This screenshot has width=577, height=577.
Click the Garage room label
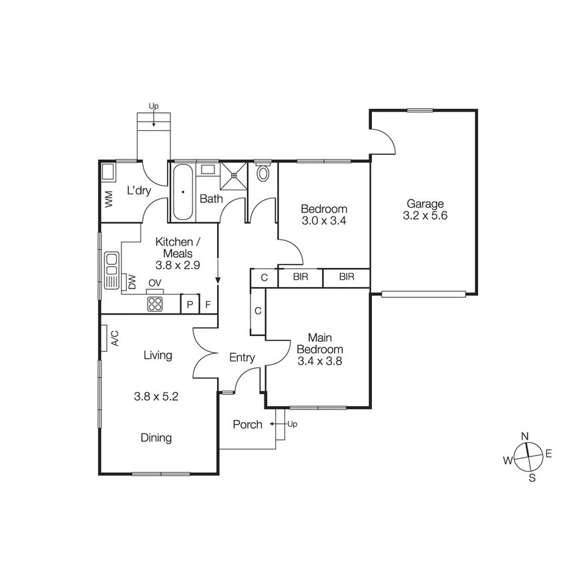[x=423, y=204]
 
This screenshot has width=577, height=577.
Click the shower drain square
[x=234, y=176]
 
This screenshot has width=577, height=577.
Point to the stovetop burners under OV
[x=155, y=304]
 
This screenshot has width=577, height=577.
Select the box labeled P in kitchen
[x=190, y=305]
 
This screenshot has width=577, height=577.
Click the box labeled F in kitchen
[x=208, y=305]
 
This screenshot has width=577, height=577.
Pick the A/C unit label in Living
[x=114, y=338]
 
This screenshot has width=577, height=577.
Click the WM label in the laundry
[x=108, y=199]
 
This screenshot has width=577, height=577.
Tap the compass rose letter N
[x=526, y=436]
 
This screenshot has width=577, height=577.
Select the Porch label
[x=247, y=425]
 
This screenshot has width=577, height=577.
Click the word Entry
[x=242, y=358]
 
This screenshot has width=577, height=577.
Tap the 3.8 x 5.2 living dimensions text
[x=156, y=396]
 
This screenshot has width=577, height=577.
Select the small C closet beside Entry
[x=258, y=311]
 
